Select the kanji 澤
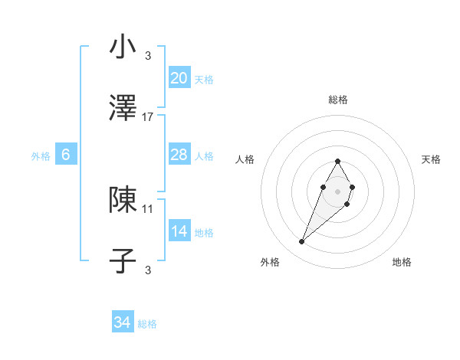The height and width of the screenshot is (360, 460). (123, 110)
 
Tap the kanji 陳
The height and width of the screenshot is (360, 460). (123, 200)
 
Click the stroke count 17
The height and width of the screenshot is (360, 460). (148, 117)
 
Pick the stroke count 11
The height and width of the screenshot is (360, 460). (148, 208)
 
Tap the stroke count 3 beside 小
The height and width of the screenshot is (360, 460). (148, 55)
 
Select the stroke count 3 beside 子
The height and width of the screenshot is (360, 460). (148, 270)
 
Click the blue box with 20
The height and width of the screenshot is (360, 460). (179, 78)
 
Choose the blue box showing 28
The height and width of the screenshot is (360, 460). (179, 155)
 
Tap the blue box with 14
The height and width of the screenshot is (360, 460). (179, 231)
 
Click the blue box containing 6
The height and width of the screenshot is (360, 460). (66, 155)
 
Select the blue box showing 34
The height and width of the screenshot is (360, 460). (123, 323)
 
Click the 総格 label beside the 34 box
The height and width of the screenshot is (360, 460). (148, 324)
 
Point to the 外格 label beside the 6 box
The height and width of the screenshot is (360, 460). (41, 156)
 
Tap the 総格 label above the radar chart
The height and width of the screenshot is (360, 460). (338, 100)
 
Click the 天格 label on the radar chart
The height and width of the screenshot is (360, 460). (431, 159)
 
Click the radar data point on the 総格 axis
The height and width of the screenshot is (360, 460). (338, 162)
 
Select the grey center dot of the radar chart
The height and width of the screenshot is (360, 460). (338, 190)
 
